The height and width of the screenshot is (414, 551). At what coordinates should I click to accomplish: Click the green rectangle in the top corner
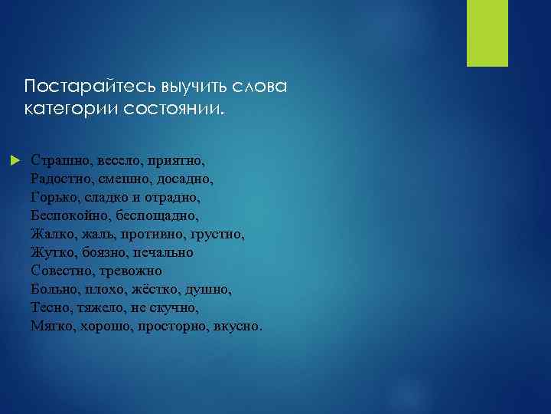point(482,33)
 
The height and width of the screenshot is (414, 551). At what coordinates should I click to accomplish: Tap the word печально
point(163,252)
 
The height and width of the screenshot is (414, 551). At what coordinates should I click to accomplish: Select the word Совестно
point(64,271)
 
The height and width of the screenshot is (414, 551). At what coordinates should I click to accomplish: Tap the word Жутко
point(52,252)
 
